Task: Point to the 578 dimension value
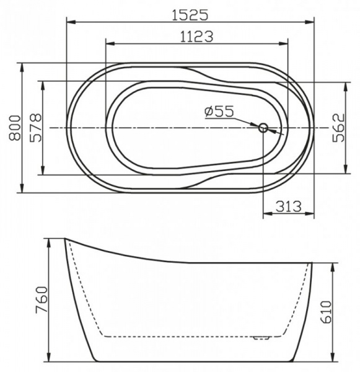(x=35, y=128)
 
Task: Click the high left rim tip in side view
(x=65, y=239)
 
